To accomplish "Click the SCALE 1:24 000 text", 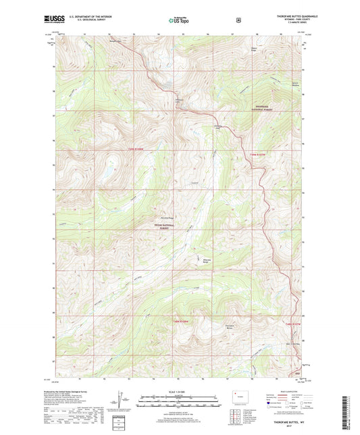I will point(180,392).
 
